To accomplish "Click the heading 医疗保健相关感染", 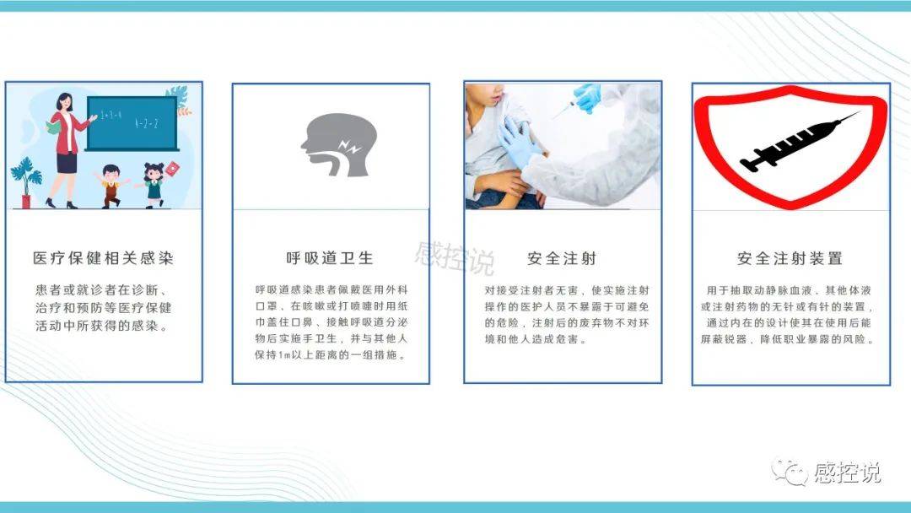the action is (x=104, y=258).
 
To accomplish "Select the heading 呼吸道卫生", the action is (x=330, y=258).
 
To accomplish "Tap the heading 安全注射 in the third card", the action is (x=562, y=258).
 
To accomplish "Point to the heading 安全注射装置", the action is (x=790, y=258).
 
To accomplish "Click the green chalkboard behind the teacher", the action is (x=132, y=123).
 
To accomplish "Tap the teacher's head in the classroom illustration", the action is (x=64, y=103).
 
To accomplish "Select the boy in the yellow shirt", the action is (x=111, y=186).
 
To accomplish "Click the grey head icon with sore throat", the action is (x=339, y=144).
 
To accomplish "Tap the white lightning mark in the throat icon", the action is (x=350, y=146).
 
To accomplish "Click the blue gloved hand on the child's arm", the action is (x=519, y=141).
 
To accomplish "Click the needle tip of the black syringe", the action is (x=859, y=112).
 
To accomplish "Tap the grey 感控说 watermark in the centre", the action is (x=455, y=257).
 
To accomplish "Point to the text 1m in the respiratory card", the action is (x=284, y=354).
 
